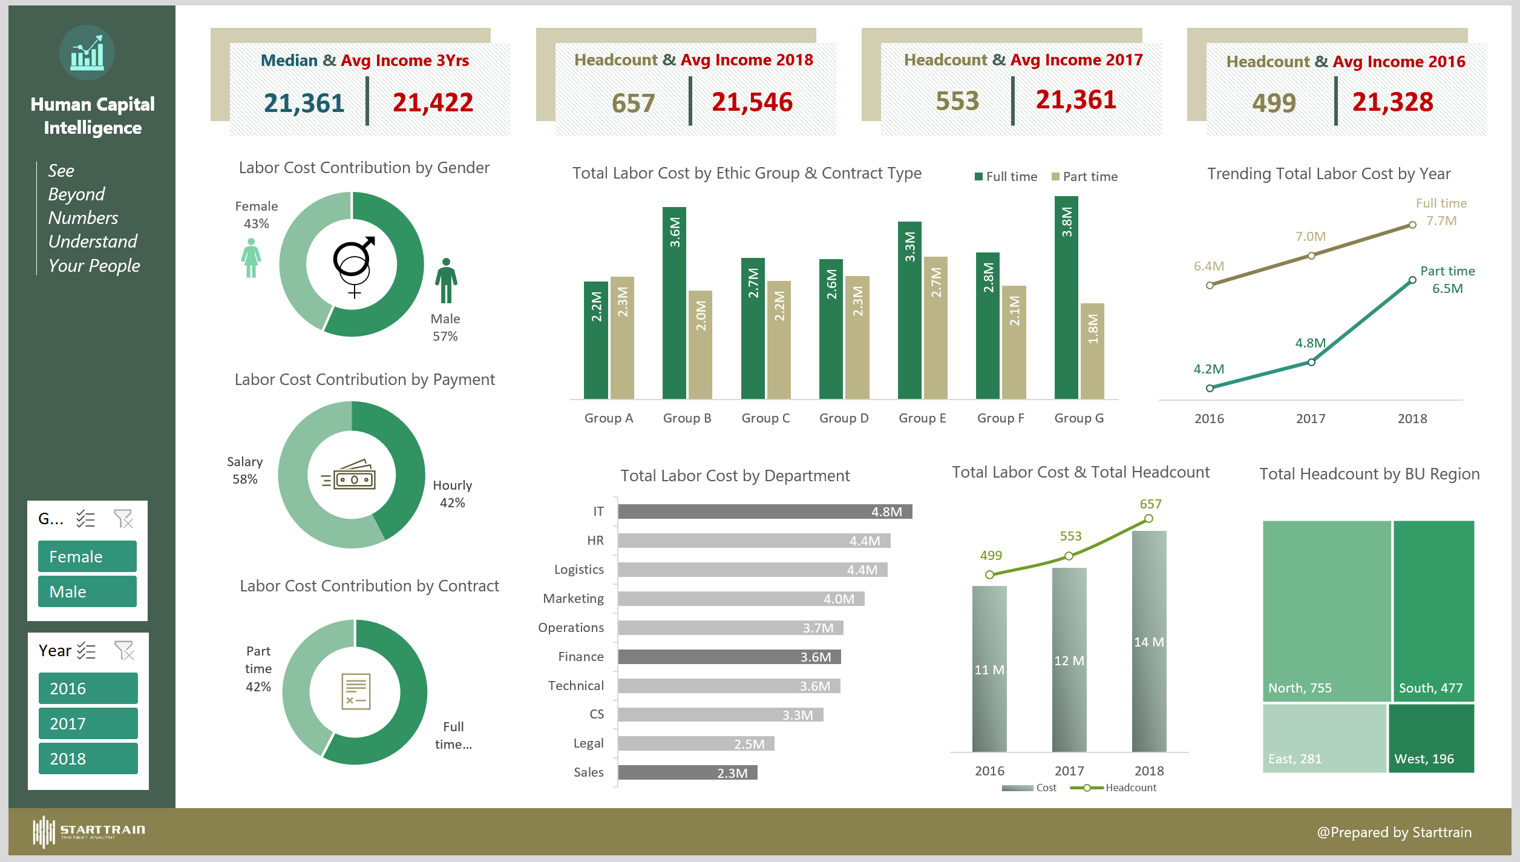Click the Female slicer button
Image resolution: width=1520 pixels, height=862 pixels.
[87, 556]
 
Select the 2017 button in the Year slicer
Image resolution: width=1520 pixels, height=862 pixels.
[88, 723]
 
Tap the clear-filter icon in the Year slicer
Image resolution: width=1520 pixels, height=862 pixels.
[124, 651]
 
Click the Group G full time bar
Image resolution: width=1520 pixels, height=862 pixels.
[1066, 297]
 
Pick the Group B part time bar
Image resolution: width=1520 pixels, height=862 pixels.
[700, 344]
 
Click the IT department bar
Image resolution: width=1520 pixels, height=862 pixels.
[765, 512]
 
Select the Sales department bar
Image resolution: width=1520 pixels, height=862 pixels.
[687, 772]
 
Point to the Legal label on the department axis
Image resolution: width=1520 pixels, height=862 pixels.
[588, 743]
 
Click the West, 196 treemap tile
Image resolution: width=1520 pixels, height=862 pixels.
[1431, 739]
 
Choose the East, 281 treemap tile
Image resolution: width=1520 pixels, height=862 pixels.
[1324, 739]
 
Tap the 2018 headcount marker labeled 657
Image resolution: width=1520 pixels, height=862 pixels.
[1148, 519]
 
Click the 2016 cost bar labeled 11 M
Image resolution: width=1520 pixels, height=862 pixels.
[989, 669]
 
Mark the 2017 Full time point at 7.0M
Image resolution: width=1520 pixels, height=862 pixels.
[1311, 255]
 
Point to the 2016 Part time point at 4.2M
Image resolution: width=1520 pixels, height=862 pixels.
[1210, 388]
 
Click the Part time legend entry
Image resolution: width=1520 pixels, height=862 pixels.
[1084, 177]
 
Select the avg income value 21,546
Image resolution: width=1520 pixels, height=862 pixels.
[752, 102]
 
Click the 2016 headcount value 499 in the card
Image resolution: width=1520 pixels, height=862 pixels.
[1274, 103]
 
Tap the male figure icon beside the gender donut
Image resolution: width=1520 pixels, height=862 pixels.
[446, 281]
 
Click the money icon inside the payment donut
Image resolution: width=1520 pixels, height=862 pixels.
[352, 475]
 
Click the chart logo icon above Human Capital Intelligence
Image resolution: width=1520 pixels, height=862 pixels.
[87, 53]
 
